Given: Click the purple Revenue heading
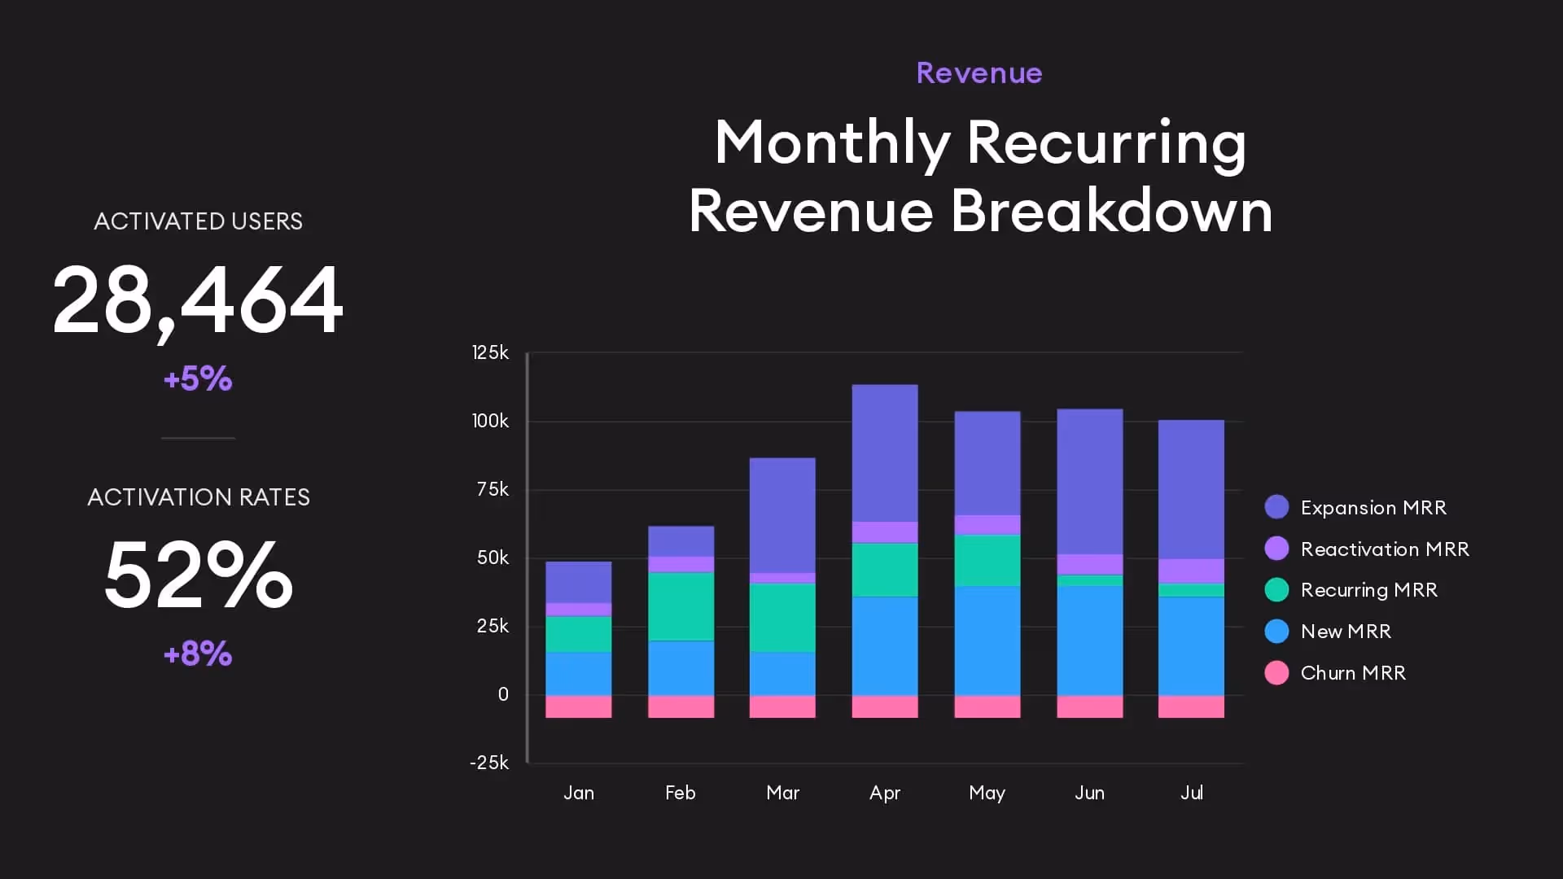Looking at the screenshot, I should click(x=979, y=73).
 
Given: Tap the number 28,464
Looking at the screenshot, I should click(x=198, y=300).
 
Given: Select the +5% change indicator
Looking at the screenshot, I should click(x=198, y=378).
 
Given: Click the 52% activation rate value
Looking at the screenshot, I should click(x=198, y=575).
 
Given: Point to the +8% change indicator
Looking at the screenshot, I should click(x=198, y=654).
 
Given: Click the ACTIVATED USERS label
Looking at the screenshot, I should click(x=198, y=221).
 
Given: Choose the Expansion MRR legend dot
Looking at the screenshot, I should click(x=1276, y=507).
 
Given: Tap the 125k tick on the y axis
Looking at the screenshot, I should click(x=490, y=352).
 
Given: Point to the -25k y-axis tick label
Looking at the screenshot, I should click(x=488, y=763).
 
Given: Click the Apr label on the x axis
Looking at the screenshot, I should click(x=884, y=793).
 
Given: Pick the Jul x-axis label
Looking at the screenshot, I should click(x=1191, y=793).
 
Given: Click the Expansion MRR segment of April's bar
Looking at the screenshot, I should click(x=884, y=453).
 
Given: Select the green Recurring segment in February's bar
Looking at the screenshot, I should click(x=681, y=606).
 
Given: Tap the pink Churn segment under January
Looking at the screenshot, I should click(x=578, y=706).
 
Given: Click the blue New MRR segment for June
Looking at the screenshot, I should click(x=1089, y=641).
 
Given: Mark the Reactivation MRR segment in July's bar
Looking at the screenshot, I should click(x=1191, y=571).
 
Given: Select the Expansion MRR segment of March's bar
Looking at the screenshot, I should click(x=782, y=515).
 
